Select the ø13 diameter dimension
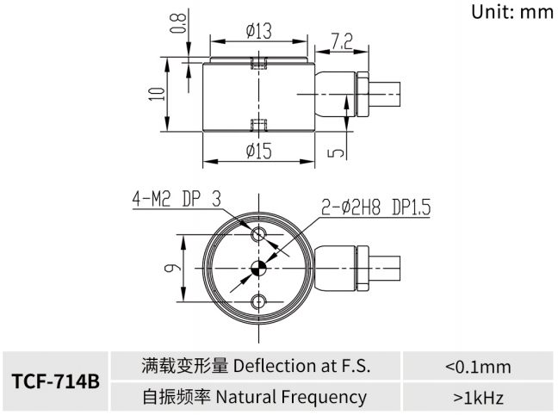(x=258, y=32)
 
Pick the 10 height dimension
(x=156, y=93)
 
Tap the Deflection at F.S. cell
(x=256, y=366)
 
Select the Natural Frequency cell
(x=256, y=397)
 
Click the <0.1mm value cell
(x=478, y=366)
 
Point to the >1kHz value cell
(x=478, y=397)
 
